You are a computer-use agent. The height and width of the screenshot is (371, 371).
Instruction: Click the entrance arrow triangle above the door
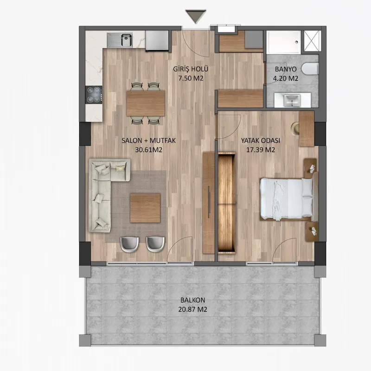pyautogui.click(x=196, y=16)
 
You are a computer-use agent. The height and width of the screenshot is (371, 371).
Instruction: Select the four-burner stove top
pyautogui.click(x=94, y=95)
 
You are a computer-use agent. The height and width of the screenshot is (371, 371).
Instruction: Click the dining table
pyautogui.click(x=146, y=103)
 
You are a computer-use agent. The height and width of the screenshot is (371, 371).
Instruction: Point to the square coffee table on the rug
pyautogui.click(x=145, y=208)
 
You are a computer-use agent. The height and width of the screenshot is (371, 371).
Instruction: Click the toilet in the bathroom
pyautogui.click(x=310, y=69)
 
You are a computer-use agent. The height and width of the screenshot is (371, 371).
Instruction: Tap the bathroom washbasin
pyautogui.click(x=292, y=100)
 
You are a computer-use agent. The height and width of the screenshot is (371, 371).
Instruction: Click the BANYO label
pyautogui.click(x=286, y=69)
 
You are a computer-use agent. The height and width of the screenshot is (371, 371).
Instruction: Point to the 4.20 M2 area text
pyautogui.click(x=286, y=78)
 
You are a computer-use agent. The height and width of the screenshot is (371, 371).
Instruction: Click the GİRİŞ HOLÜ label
pyautogui.click(x=191, y=69)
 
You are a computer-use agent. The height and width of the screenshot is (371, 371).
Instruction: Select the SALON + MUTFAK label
pyautogui.click(x=148, y=141)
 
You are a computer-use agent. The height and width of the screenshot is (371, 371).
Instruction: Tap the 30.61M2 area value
pyautogui.click(x=148, y=150)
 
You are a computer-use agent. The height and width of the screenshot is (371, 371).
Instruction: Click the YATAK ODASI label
pyautogui.click(x=261, y=141)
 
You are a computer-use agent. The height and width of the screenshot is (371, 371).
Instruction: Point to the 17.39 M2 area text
pyautogui.click(x=261, y=150)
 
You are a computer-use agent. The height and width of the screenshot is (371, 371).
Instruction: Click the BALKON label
pyautogui.click(x=193, y=300)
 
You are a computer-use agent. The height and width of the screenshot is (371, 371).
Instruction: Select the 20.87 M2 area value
pyautogui.click(x=193, y=309)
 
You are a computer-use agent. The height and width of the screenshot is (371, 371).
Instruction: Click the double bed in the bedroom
pyautogui.click(x=286, y=199)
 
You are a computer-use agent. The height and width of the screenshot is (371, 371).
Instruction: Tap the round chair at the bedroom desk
pyautogui.click(x=295, y=128)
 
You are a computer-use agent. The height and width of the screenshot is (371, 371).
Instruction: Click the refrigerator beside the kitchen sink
pyautogui.click(x=157, y=40)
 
